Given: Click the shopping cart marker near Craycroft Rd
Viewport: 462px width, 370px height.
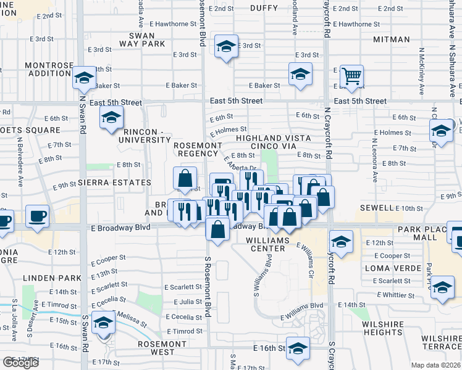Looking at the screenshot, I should [x=351, y=77].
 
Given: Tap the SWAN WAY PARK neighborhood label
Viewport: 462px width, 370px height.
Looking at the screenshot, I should [x=146, y=39].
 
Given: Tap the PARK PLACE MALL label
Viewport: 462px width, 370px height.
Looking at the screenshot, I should [x=426, y=233].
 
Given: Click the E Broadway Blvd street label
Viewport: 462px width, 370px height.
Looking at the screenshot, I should [x=120, y=228].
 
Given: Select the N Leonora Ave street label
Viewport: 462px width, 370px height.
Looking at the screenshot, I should [x=374, y=160].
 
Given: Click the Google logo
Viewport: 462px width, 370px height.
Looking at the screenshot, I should [x=21, y=363].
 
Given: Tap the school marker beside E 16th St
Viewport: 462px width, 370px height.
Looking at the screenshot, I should [x=298, y=349].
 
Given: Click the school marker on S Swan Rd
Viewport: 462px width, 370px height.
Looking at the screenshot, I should [x=103, y=323].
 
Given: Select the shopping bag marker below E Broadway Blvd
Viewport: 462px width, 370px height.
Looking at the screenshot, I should [x=217, y=229].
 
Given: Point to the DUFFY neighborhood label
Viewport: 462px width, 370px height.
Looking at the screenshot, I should [x=264, y=8].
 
